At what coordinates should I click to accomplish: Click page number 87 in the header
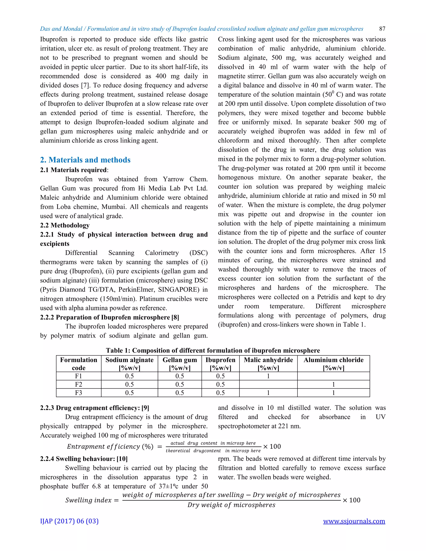point(382,29)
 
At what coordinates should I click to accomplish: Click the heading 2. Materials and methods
point(85,160)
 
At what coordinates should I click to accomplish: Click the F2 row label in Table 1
point(78,384)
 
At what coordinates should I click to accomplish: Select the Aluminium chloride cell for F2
point(333,384)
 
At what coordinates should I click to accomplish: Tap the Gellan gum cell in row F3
point(180,393)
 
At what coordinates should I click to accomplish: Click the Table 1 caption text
point(213,350)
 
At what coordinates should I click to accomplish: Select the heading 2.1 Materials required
point(74,170)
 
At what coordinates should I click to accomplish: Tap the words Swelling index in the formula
point(88,500)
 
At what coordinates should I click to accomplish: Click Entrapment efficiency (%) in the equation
point(110,447)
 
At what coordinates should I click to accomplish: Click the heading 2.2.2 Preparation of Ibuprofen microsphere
point(110,317)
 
